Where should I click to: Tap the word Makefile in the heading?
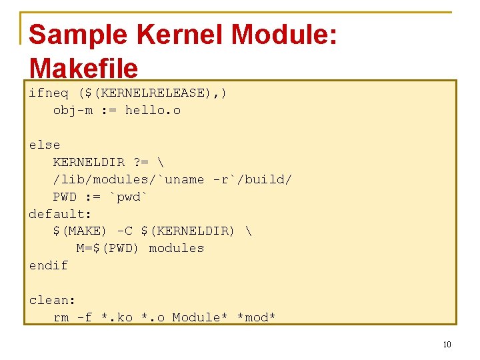(x=83, y=68)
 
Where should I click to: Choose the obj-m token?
(x=73, y=110)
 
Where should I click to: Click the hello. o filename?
(x=153, y=110)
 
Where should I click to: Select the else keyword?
(x=45, y=145)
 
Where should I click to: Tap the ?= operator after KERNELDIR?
(x=141, y=162)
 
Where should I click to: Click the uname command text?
(x=185, y=179)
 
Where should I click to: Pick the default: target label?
(x=60, y=214)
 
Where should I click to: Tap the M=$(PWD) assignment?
(x=107, y=248)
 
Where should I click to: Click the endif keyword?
(x=48, y=265)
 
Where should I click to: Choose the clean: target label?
(x=52, y=300)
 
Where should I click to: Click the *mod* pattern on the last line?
(x=257, y=317)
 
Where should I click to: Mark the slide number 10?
(x=447, y=345)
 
